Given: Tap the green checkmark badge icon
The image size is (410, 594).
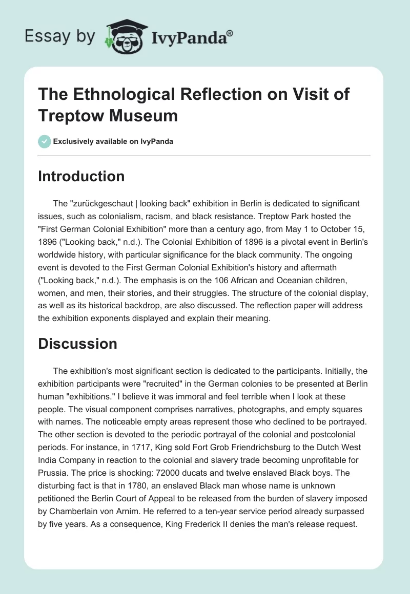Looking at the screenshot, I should (x=45, y=141).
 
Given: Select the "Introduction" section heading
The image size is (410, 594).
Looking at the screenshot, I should (x=81, y=176).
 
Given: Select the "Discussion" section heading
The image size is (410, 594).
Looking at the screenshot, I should (x=77, y=344).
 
